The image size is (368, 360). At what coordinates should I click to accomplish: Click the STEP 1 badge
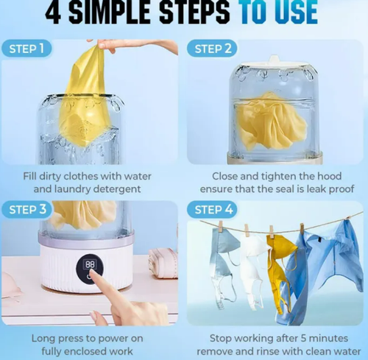(x=27, y=49)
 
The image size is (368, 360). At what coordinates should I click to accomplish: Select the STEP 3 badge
(x=28, y=210)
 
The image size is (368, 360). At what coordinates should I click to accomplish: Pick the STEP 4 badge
(x=215, y=210)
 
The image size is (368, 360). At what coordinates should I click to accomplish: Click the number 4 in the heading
(x=55, y=13)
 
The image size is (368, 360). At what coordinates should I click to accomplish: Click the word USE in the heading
(x=292, y=13)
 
